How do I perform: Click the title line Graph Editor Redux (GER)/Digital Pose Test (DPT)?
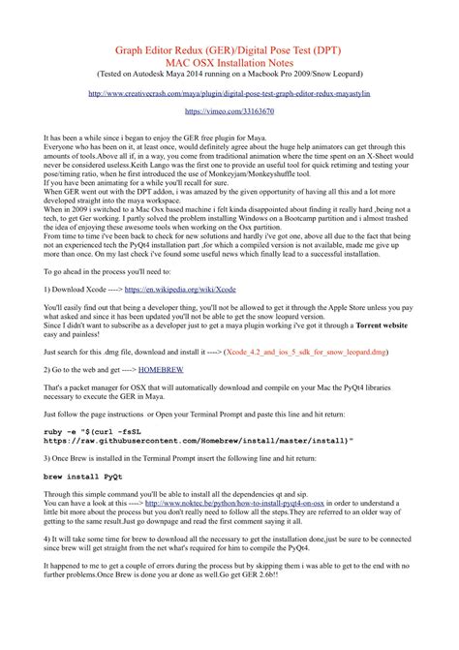point(229,47)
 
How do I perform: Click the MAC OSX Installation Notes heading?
point(229,61)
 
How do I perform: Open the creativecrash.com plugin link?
point(229,95)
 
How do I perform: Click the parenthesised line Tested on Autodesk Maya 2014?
point(229,74)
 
